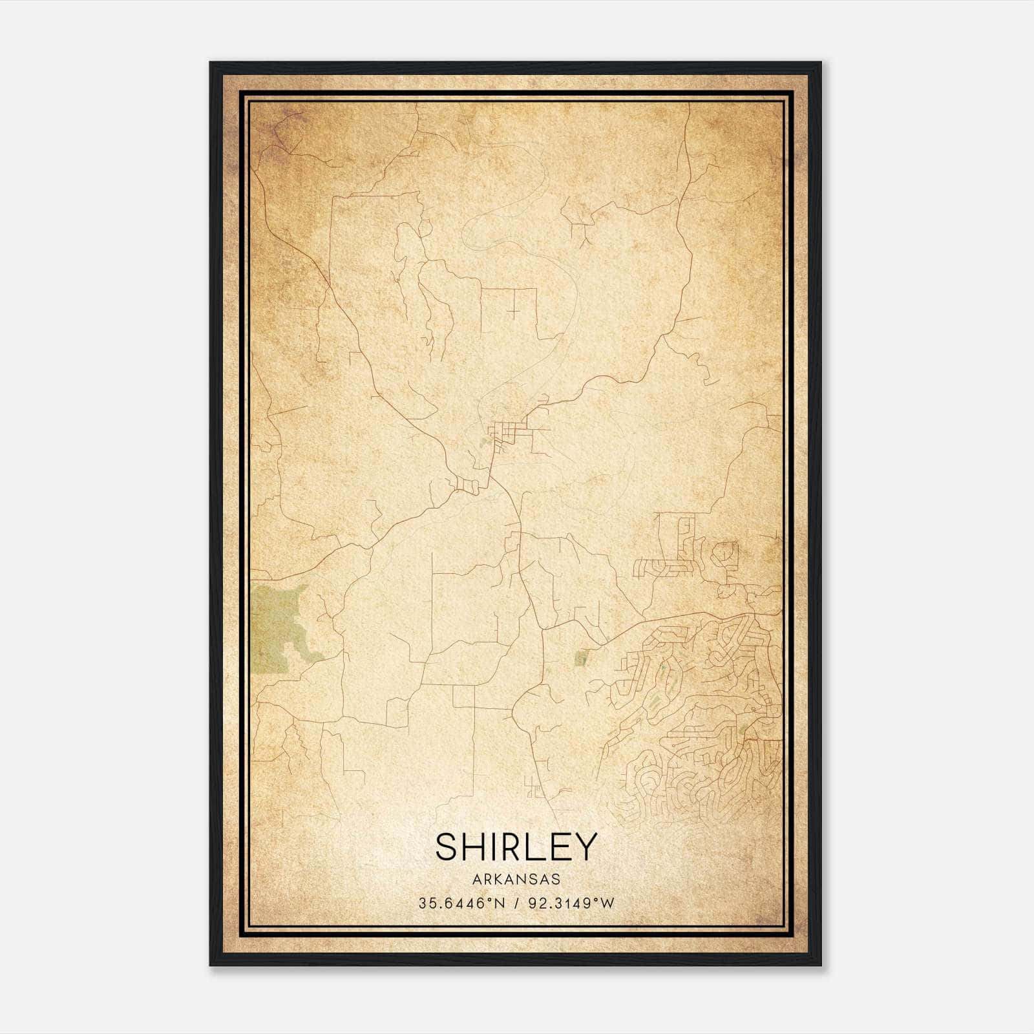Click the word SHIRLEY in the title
coord(516,847)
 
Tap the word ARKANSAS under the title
coord(516,879)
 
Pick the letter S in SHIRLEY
coord(447,847)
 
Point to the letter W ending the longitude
coord(607,903)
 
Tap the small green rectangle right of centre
coord(581,659)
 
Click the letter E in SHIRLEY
coord(561,847)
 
